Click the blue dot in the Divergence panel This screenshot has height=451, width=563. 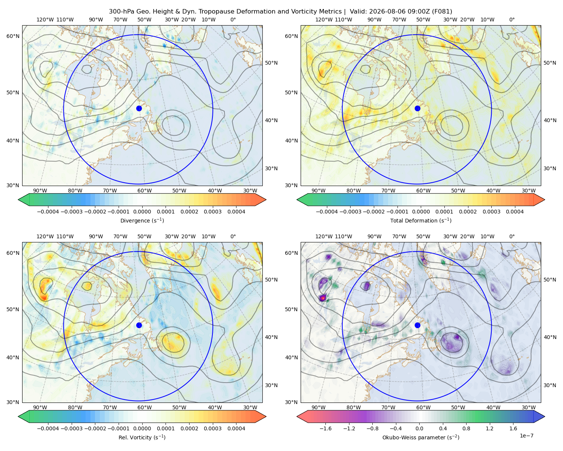[139, 108]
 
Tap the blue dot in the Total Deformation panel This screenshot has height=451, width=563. [417, 108]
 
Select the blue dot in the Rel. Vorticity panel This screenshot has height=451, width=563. [139, 325]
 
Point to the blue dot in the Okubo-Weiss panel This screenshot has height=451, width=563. [417, 325]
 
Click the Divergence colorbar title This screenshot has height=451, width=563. [142, 220]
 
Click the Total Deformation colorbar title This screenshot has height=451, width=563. [421, 220]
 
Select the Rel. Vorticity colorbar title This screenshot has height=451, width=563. [142, 437]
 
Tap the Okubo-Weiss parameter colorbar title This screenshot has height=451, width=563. [421, 437]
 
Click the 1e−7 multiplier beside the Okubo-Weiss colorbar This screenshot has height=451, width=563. [526, 436]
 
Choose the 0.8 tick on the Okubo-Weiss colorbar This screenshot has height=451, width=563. [466, 428]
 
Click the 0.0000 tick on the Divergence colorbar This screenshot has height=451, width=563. [142, 212]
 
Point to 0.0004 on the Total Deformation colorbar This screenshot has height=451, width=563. [515, 212]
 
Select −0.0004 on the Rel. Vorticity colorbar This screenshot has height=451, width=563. [48, 428]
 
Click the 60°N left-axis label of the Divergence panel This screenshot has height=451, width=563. [13, 36]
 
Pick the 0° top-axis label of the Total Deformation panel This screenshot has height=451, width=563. [512, 20]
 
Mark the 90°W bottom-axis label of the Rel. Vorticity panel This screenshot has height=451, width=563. [40, 407]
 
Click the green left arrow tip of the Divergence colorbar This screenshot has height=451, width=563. [19, 200]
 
